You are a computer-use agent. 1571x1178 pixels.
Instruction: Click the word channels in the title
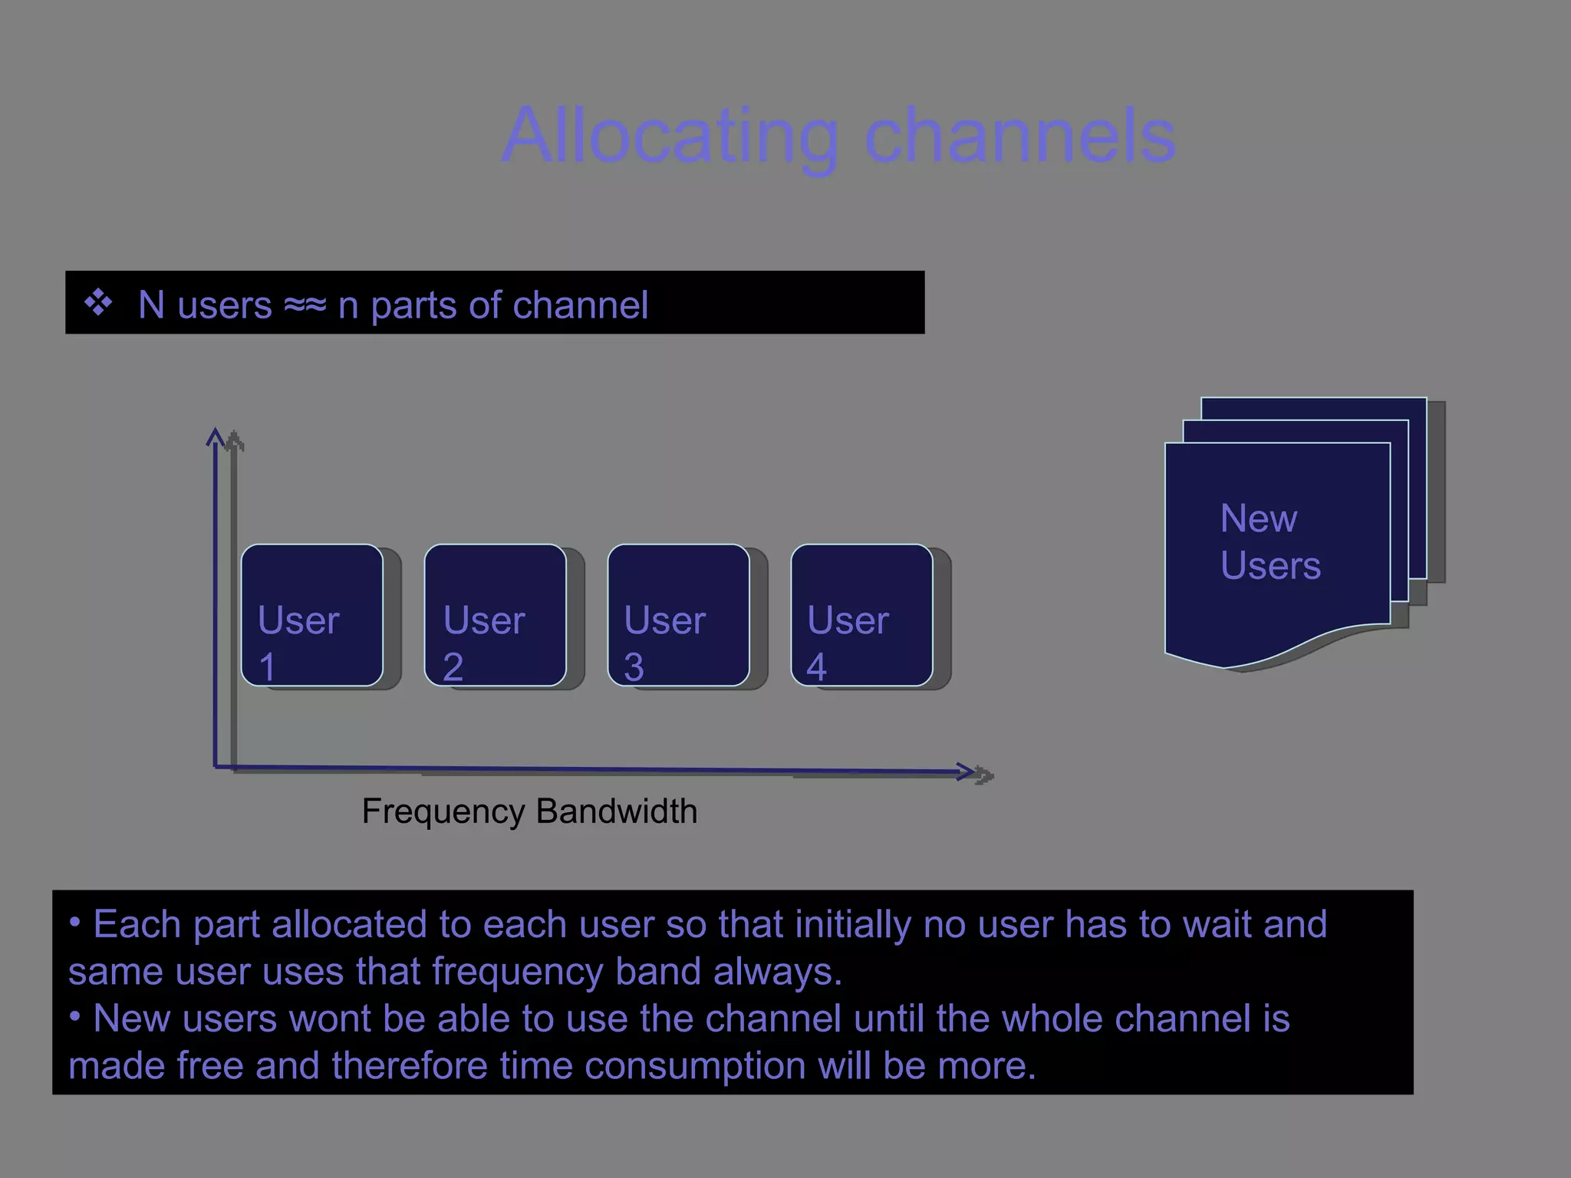click(x=1020, y=137)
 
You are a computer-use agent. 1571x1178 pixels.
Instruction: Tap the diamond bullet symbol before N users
click(x=98, y=303)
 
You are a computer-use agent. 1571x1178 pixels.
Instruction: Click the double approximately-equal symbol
click(x=305, y=305)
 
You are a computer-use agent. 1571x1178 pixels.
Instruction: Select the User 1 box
click(x=312, y=615)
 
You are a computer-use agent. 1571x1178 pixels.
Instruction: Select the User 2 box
click(x=496, y=615)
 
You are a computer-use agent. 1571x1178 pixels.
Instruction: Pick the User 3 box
click(x=679, y=615)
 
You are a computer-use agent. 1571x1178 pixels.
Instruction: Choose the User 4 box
click(x=862, y=615)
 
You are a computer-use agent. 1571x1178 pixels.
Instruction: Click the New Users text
click(x=1270, y=542)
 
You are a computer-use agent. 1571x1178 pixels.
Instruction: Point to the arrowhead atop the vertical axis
click(x=216, y=437)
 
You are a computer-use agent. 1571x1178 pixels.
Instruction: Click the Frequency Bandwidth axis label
click(x=529, y=811)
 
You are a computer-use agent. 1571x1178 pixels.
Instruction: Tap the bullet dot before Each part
click(x=74, y=923)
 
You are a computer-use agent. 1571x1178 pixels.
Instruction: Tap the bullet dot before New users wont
click(x=74, y=1017)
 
